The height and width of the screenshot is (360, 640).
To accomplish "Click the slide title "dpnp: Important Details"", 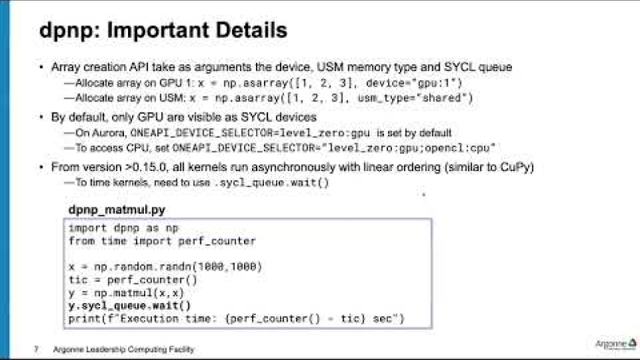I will pyautogui.click(x=162, y=31).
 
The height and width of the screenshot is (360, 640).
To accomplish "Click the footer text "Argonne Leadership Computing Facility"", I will pyautogui.click(x=123, y=349).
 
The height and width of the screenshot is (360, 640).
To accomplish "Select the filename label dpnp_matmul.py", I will pyautogui.click(x=117, y=210).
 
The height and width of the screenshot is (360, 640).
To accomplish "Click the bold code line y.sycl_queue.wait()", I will pyautogui.click(x=129, y=306).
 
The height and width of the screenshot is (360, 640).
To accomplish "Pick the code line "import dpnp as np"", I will pyautogui.click(x=123, y=228).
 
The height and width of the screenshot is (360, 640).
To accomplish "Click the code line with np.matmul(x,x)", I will pyautogui.click(x=126, y=292).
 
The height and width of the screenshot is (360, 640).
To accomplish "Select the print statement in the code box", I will pyautogui.click(x=236, y=319).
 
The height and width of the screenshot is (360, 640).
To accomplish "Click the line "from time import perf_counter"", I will pyautogui.click(x=162, y=241).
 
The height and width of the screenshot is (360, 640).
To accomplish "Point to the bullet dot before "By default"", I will pyautogui.click(x=41, y=117).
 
